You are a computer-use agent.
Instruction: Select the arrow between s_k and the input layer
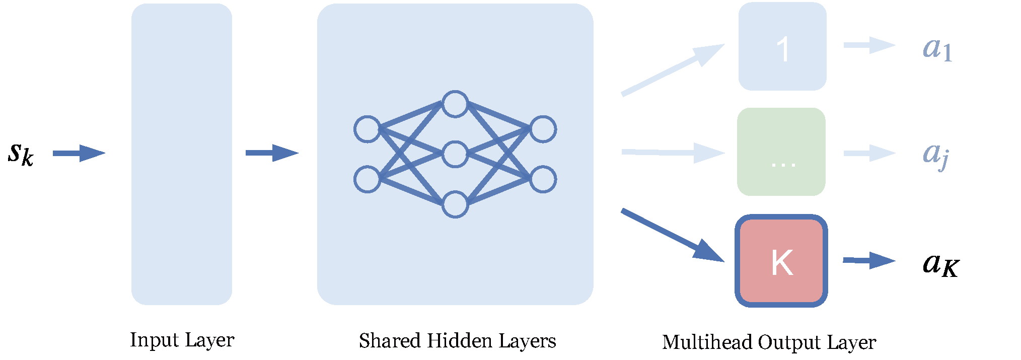tap(79, 153)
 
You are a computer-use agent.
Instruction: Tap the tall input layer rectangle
tap(181, 154)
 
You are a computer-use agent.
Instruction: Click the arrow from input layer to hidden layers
tap(271, 153)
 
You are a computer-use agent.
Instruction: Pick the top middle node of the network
tap(455, 104)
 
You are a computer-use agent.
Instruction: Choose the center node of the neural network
tap(455, 154)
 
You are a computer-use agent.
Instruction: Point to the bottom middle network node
tap(455, 204)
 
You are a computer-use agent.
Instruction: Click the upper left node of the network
tap(367, 129)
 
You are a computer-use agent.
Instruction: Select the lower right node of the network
tap(543, 179)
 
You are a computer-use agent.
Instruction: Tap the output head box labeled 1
tap(782, 46)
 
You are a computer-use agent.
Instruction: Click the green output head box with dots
tap(781, 152)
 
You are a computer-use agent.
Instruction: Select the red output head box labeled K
tap(781, 261)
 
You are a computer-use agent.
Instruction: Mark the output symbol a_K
tap(940, 264)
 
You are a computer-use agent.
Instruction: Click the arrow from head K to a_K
tap(868, 260)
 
